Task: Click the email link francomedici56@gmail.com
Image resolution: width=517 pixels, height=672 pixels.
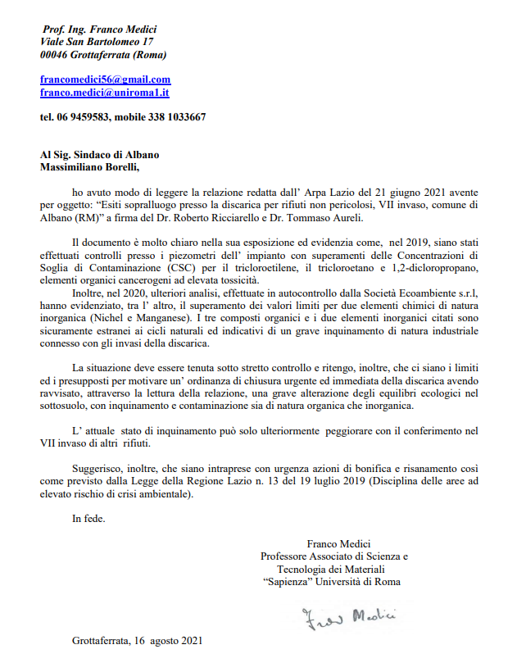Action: click(x=105, y=79)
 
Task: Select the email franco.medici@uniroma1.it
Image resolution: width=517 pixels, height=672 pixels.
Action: click(x=104, y=93)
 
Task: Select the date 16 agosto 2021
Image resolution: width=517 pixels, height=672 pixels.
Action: click(x=165, y=640)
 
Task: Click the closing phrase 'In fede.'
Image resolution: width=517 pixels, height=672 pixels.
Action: click(x=88, y=518)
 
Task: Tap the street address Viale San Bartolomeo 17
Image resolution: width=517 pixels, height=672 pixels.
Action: click(x=97, y=41)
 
